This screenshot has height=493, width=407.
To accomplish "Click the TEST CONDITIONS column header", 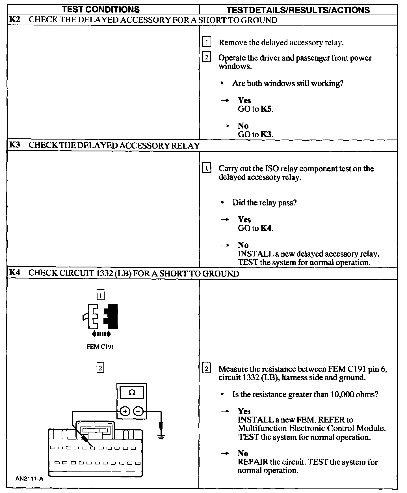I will pos(101,9).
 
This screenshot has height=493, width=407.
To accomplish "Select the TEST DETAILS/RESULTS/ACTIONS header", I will pos(298,10).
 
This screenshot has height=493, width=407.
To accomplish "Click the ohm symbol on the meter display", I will pos(132,393).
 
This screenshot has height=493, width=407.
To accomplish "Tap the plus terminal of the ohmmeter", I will pos(125,411).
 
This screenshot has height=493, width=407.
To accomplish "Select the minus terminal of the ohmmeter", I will pos(138,411).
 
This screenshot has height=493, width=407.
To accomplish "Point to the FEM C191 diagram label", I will pos(100,347).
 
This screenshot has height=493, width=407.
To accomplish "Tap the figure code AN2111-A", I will pos(29,479).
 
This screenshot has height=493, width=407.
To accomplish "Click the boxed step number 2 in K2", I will pos(207,57).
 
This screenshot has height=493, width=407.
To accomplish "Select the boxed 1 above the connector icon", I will pos(101,295).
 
